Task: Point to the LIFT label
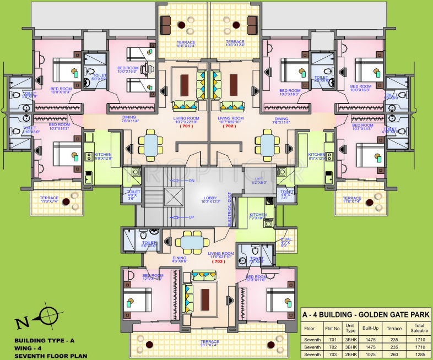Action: pyautogui.click(x=259, y=179)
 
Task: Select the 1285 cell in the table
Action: pyautogui.click(x=416, y=354)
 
